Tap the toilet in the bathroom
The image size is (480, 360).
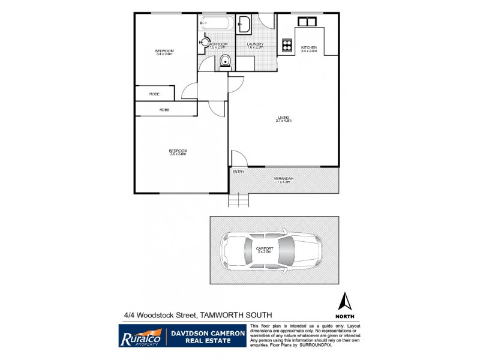[x=226, y=61]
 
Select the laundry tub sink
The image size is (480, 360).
[x=245, y=24]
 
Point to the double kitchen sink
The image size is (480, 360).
[x=307, y=21]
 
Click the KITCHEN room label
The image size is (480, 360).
[x=308, y=47]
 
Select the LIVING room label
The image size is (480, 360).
[x=283, y=117]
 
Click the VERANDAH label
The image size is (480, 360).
[x=283, y=179]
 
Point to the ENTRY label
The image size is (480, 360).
[x=238, y=172]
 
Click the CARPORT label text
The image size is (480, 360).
[x=265, y=248]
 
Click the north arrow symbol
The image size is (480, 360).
[x=345, y=301]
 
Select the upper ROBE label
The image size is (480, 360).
[x=154, y=94]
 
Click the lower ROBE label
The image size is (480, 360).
[x=164, y=110]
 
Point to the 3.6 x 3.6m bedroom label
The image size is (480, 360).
[x=178, y=152]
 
